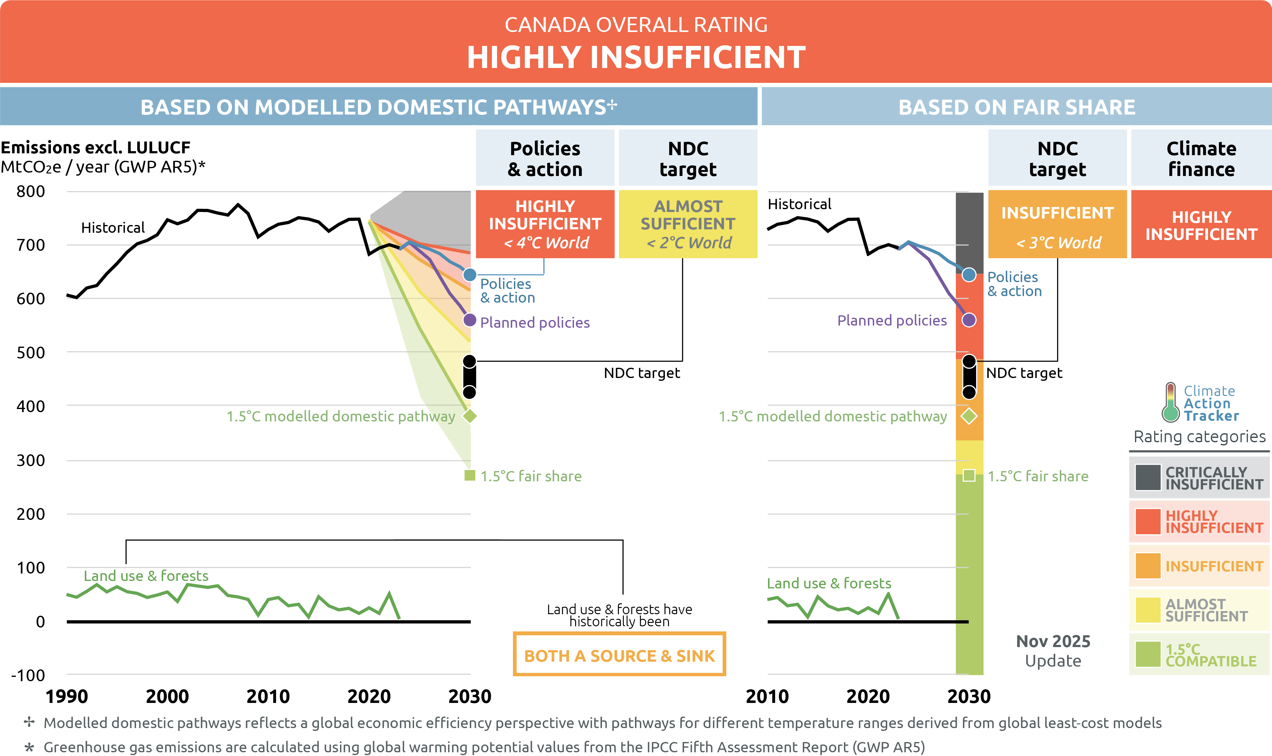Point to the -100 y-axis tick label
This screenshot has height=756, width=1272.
click(x=28, y=676)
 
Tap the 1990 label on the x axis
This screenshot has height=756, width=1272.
click(x=67, y=696)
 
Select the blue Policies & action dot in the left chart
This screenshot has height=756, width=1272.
click(x=469, y=275)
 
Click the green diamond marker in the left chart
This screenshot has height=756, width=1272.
click(x=469, y=416)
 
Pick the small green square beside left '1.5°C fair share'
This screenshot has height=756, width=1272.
click(x=469, y=476)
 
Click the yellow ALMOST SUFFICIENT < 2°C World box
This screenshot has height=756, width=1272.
click(x=688, y=224)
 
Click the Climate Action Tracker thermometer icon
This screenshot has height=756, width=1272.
click(x=1170, y=403)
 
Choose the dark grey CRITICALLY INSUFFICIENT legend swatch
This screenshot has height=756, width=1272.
click(x=1148, y=477)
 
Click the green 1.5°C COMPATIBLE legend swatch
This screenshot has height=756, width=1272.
click(x=1148, y=654)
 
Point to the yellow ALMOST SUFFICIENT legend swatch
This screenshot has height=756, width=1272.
click(x=1148, y=610)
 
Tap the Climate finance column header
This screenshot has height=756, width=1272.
click(x=1201, y=159)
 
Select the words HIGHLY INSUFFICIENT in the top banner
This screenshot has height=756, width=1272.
click(x=636, y=57)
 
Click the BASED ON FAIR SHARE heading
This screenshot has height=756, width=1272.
click(x=1017, y=107)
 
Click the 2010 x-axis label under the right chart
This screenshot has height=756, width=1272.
click(x=767, y=696)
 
